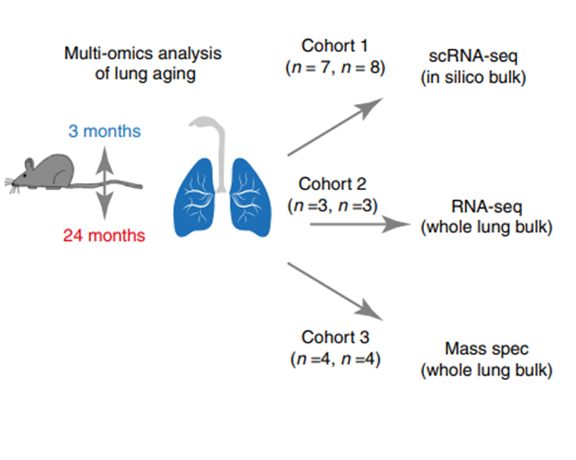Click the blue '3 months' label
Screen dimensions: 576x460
point(105,131)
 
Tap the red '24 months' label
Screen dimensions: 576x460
point(104,236)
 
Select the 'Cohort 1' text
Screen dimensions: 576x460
point(335,46)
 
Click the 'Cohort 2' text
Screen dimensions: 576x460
point(333,184)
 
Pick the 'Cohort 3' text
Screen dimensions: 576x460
point(335,337)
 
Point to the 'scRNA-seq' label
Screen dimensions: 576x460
point(473,56)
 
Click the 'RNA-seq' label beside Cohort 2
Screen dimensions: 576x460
point(487,207)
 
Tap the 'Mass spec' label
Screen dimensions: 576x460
point(487,349)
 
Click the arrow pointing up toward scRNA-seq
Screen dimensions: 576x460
point(335,127)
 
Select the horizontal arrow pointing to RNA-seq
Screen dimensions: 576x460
point(360,224)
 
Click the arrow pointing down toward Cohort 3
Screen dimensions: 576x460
point(335,291)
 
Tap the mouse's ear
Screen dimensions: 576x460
point(29,164)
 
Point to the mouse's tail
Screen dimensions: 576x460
point(107,184)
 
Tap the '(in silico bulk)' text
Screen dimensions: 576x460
point(473,78)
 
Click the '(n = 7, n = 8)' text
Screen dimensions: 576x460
point(335,67)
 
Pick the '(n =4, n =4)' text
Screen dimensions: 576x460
point(335,358)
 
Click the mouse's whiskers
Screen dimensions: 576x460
point(12,185)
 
